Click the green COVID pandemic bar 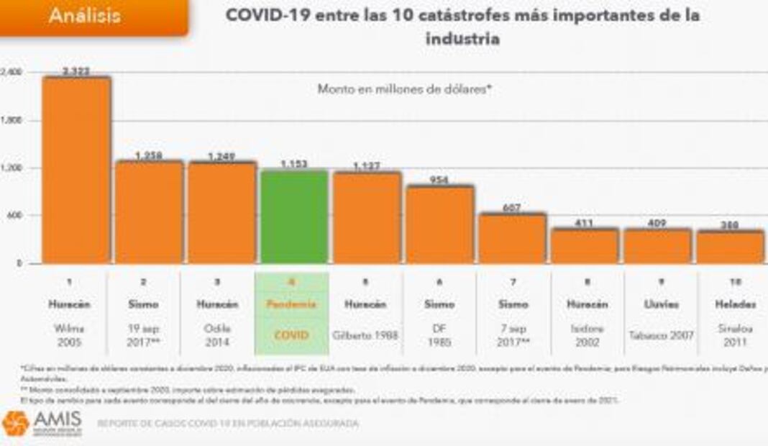pyautogui.click(x=294, y=217)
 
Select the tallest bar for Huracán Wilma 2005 pyautogui.click(x=76, y=170)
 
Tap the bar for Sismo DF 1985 pyautogui.click(x=439, y=224)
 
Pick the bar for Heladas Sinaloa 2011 pyautogui.click(x=730, y=247)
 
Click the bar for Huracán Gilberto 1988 pyautogui.click(x=367, y=217)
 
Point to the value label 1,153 pyautogui.click(x=294, y=164)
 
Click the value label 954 pyautogui.click(x=439, y=179)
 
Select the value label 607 pyautogui.click(x=512, y=207)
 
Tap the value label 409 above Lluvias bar pyautogui.click(x=657, y=223)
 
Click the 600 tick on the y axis pyautogui.click(x=14, y=215)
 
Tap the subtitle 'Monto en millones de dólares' pyautogui.click(x=404, y=89)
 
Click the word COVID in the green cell pyautogui.click(x=291, y=334)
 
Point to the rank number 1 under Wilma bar pyautogui.click(x=69, y=281)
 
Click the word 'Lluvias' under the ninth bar pyautogui.click(x=657, y=304)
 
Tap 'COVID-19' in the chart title pyautogui.click(x=260, y=15)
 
